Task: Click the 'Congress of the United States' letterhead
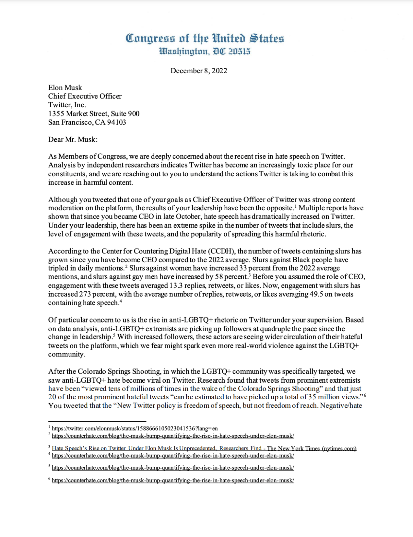[x=205, y=38]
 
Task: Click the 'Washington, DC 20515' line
[x=205, y=51]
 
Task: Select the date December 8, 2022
[x=198, y=71]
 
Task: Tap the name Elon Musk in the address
[x=65, y=88]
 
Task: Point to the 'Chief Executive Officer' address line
[x=85, y=96]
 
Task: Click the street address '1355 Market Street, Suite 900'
[x=94, y=113]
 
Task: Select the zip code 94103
[x=116, y=122]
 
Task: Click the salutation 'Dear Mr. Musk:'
[x=73, y=139]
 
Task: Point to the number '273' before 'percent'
[x=85, y=294]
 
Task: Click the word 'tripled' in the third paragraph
[x=59, y=268]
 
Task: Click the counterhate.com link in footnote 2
[x=173, y=436]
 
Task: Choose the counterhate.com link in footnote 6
[x=173, y=480]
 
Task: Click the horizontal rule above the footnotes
[x=97, y=422]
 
